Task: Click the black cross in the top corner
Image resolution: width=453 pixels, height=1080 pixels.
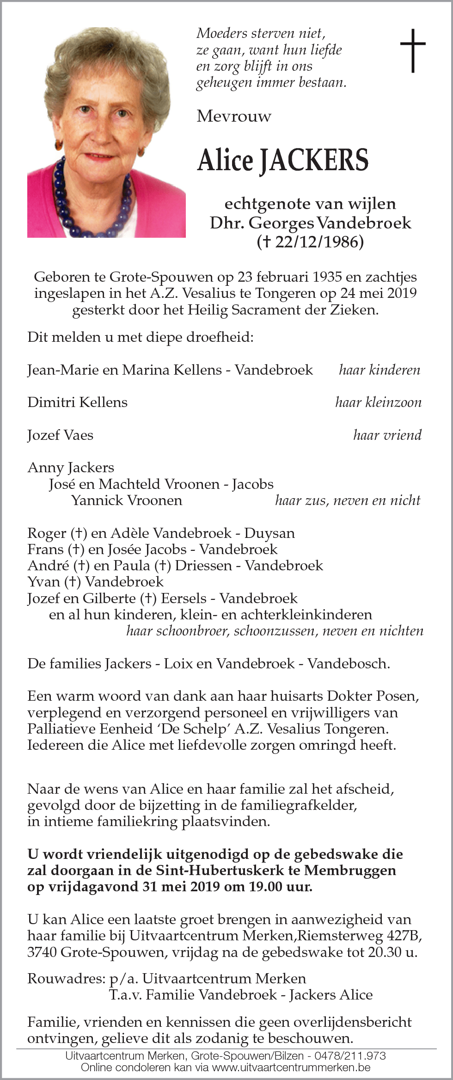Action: click(412, 50)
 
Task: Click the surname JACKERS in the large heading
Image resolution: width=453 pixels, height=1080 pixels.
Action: click(314, 160)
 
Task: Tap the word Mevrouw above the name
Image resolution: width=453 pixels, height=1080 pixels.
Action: click(234, 116)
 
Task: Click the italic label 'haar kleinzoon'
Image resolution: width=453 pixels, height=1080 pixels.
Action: click(378, 402)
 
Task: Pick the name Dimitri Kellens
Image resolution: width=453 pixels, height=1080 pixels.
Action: click(77, 402)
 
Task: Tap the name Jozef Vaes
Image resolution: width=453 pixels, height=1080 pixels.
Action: click(60, 435)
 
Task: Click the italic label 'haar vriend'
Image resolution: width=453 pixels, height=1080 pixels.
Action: click(387, 435)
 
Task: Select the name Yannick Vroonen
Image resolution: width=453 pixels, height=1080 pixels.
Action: click(127, 500)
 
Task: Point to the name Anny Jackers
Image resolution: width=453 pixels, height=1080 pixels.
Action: click(71, 468)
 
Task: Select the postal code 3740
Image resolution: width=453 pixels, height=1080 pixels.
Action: click(42, 952)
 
